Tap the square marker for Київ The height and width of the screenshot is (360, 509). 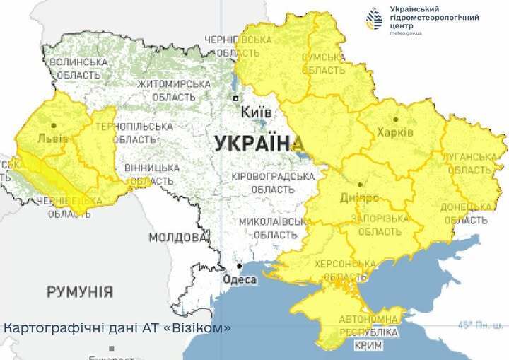pos(236,98)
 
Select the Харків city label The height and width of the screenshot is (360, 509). pos(395,132)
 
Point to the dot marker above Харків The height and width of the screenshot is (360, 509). pos(395,119)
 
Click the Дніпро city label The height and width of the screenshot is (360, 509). pos(359,197)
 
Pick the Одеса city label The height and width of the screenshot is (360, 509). pos(240,279)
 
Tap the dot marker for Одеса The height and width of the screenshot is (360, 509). pos(240,267)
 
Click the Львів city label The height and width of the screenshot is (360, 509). pos(53,138)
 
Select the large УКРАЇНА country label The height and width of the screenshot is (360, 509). pos(254,144)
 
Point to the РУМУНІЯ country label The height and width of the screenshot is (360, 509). pos(79,291)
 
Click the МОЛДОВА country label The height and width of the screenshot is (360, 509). pos(175,236)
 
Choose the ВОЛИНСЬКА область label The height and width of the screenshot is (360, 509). pos(78,68)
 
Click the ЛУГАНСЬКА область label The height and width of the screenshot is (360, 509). pos(469,163)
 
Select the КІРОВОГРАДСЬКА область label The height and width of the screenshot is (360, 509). pos(272,182)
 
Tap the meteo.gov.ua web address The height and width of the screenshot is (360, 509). pos(407,33)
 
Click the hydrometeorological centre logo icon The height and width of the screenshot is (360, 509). pos(374,18)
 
